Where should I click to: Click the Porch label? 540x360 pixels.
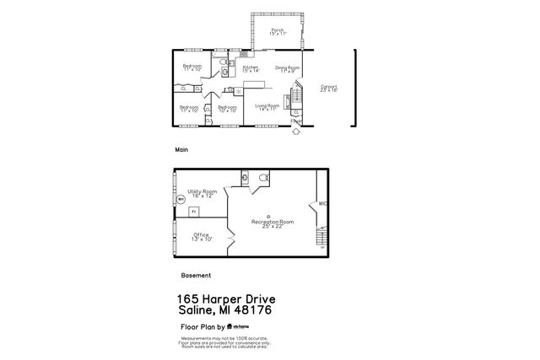coord(278,31)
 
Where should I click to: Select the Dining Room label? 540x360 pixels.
coord(288,70)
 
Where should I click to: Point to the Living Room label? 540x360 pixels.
coord(267,107)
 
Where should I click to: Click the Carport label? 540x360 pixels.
coord(328,89)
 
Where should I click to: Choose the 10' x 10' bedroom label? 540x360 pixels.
coord(226,109)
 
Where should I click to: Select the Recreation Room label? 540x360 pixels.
coord(273,223)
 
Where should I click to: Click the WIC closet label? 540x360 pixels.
coord(322,204)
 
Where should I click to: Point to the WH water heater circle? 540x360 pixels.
coord(180,200)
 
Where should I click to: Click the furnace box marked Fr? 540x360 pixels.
coord(192,211)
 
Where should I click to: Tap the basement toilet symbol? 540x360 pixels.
coord(264,177)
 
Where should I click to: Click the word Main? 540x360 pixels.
coord(181,149)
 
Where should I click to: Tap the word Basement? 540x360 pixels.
coord(196,275)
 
